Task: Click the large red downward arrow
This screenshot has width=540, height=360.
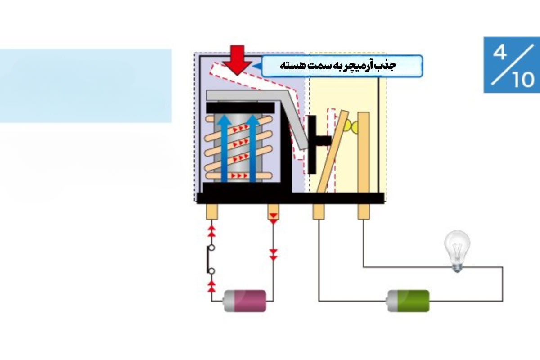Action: pos(238,60)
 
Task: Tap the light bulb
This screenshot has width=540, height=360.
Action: pos(457,251)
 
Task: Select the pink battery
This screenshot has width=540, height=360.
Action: pos(245,301)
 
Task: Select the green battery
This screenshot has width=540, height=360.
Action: pos(408,301)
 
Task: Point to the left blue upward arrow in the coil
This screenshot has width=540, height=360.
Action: pos(224,148)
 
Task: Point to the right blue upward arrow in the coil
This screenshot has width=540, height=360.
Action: pos(252,148)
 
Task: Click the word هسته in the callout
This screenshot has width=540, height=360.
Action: pos(291,66)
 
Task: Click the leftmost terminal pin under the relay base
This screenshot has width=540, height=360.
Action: pos(212,211)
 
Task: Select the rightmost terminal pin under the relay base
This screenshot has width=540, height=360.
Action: pos(364,211)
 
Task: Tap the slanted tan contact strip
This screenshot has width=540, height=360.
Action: pos(333,152)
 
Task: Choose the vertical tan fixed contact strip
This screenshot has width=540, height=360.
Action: pos(364,153)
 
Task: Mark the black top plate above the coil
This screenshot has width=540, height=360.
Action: pos(240,108)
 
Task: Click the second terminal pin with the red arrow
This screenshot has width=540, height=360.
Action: pos(274,211)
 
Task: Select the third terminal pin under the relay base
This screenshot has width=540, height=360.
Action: pos(319,211)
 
